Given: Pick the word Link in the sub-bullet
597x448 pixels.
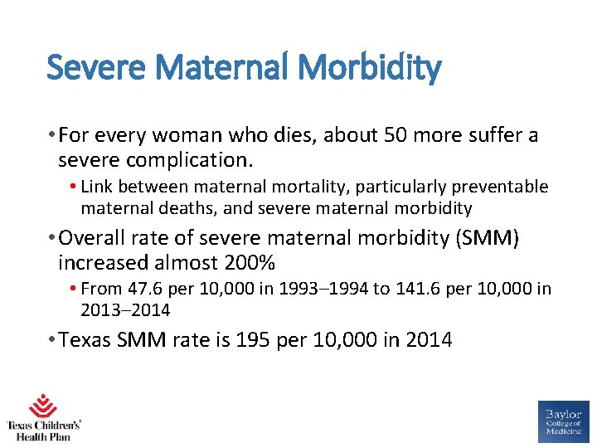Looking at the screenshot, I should [x=96, y=187].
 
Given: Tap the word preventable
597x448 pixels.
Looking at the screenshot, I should [x=500, y=187].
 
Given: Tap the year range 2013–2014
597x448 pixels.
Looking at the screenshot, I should [x=125, y=310].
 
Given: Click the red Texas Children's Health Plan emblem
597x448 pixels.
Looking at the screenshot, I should [x=42, y=406].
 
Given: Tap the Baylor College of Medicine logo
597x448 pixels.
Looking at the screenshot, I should [x=563, y=421].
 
